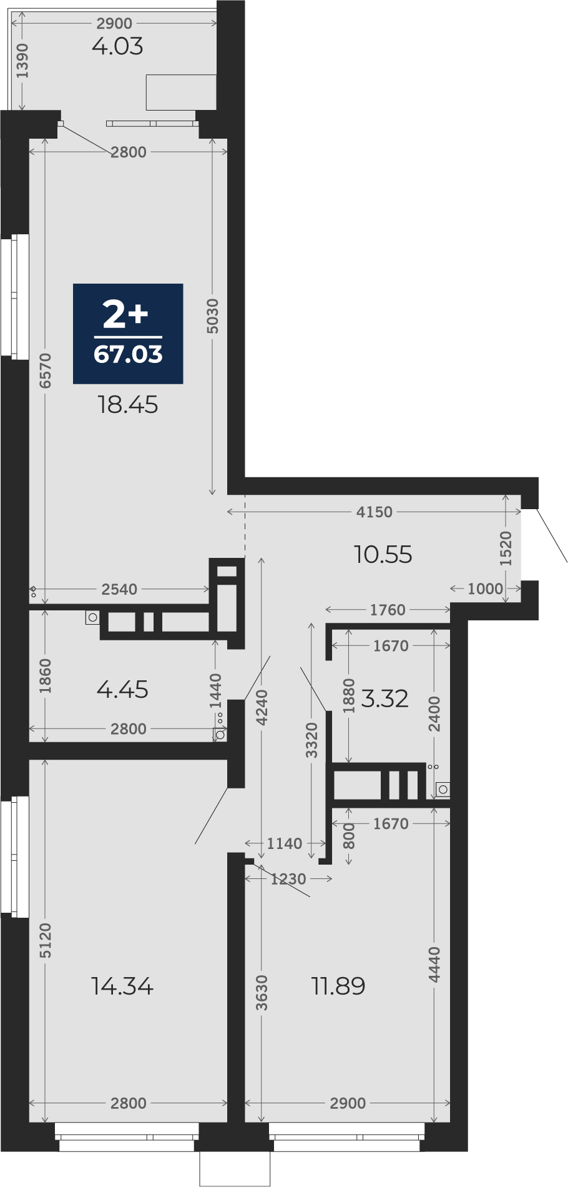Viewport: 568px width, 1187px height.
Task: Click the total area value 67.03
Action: coord(128,354)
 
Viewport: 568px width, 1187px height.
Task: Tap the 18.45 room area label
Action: coord(128,405)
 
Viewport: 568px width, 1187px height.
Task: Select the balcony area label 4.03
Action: coord(117,46)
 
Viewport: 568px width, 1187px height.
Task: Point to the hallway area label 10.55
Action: coord(383,554)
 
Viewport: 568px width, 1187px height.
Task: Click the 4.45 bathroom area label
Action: coord(123,690)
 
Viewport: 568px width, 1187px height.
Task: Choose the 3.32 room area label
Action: coord(385,698)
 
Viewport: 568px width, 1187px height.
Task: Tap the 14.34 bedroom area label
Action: coord(122,986)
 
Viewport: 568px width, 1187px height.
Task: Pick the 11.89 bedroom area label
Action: coord(338,986)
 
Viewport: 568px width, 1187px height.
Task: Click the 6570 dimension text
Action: coord(45,370)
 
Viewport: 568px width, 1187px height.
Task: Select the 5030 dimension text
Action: coord(213,316)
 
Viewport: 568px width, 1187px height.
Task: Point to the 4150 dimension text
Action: coord(375,512)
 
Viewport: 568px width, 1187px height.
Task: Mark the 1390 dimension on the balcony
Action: coord(22,61)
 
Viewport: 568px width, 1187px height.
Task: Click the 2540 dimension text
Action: coord(119,589)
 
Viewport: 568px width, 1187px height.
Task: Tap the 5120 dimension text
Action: coord(45,941)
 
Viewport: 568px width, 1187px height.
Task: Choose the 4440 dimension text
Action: coord(434,965)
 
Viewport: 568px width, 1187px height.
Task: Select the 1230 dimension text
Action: coord(288,879)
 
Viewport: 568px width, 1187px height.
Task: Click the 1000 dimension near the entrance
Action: coord(485,589)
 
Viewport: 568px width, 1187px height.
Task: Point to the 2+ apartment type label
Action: coord(125,314)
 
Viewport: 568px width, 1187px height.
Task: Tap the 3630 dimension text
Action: coord(262,993)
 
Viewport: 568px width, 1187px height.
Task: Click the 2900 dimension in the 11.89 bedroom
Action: coord(348,1103)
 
